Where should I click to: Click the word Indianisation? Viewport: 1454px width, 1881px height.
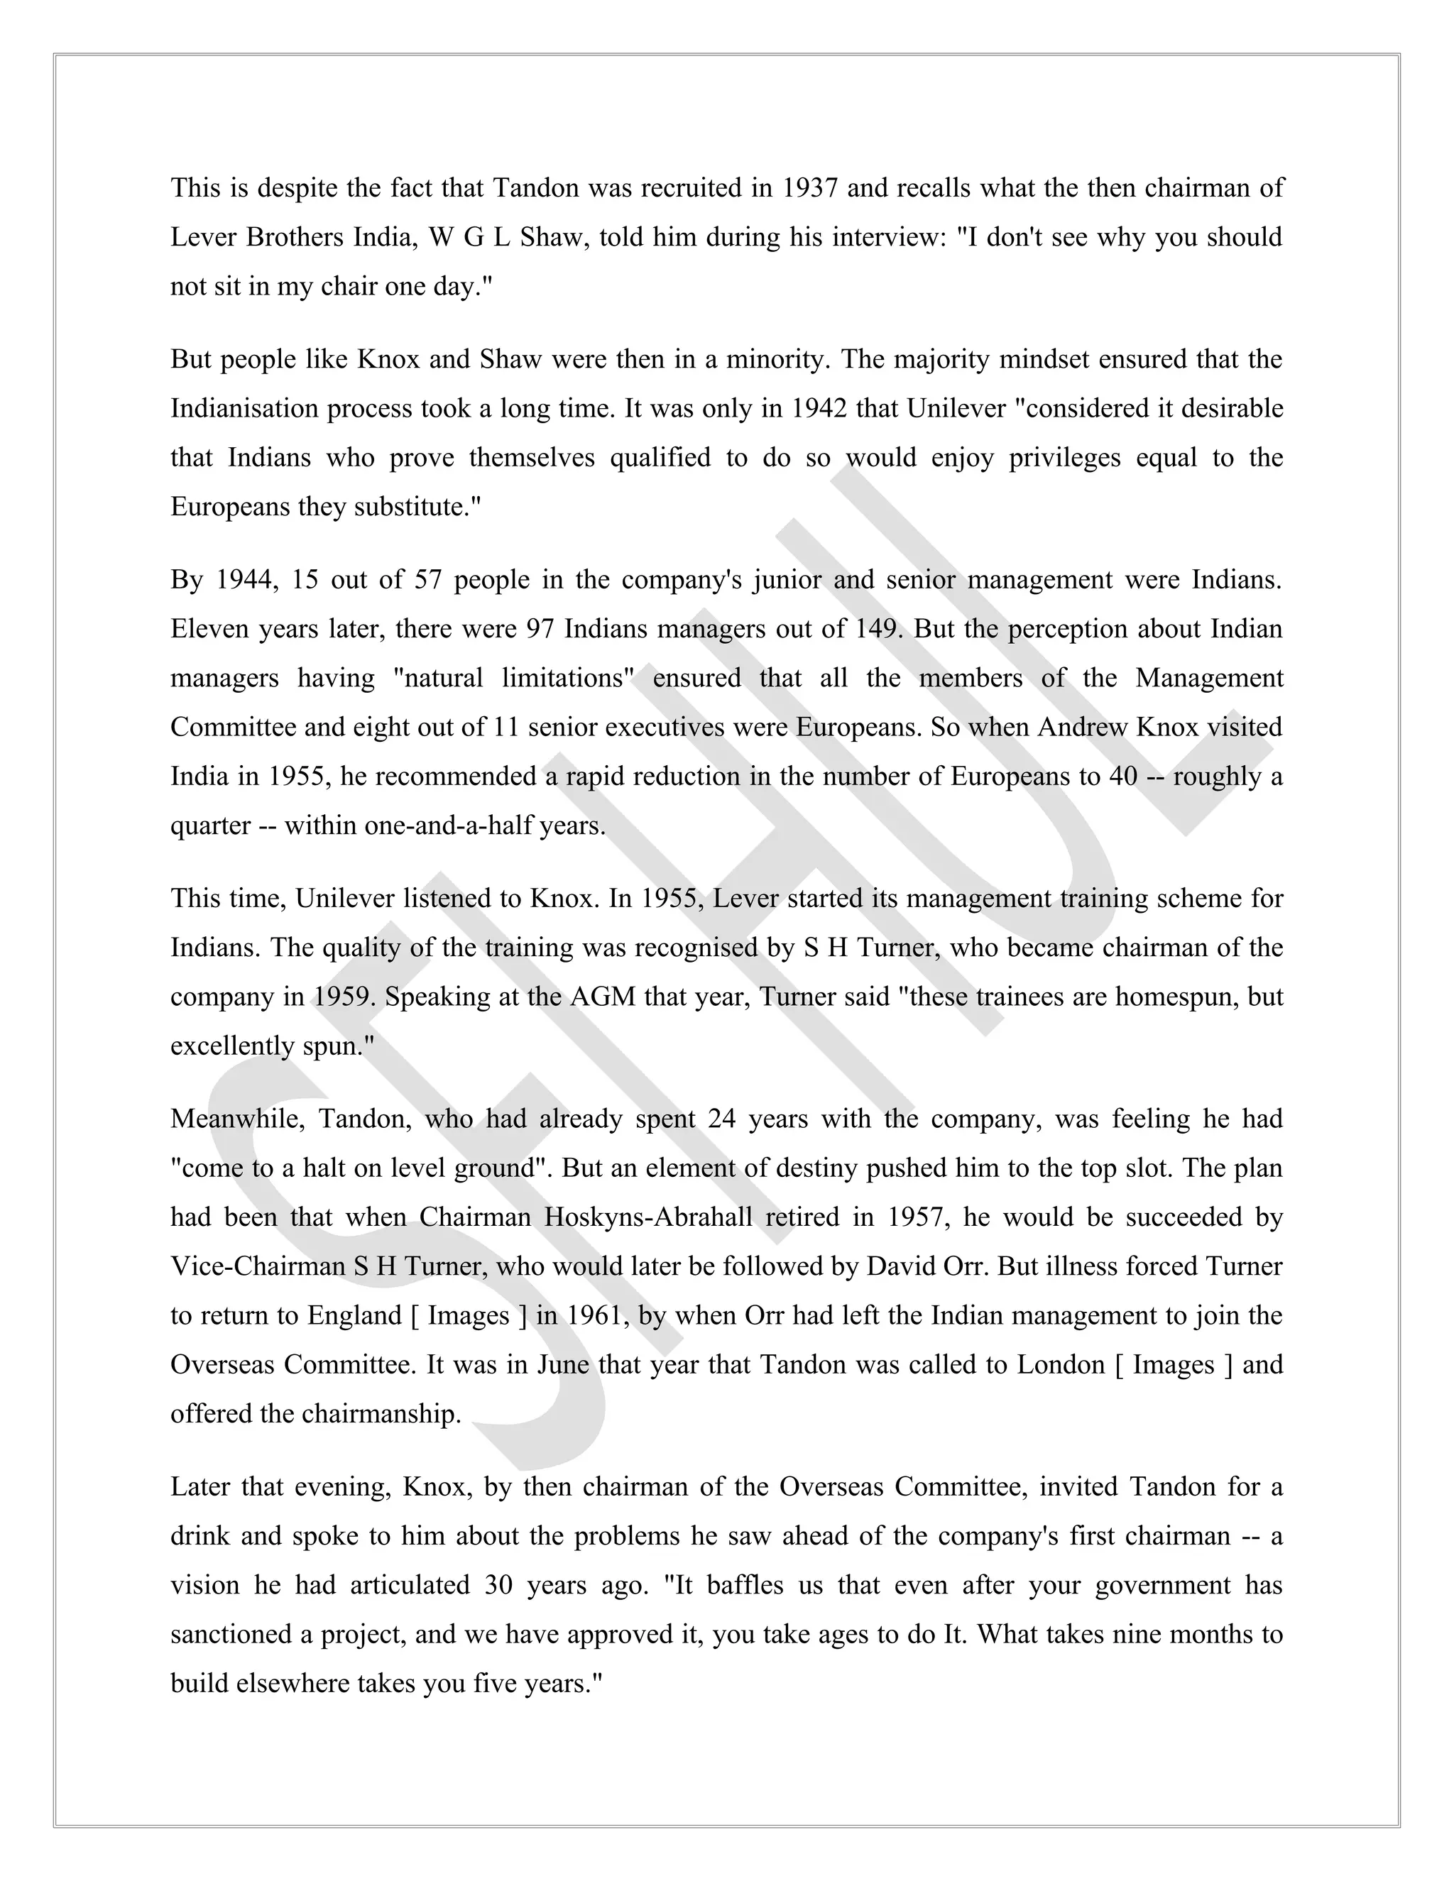(244, 408)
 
